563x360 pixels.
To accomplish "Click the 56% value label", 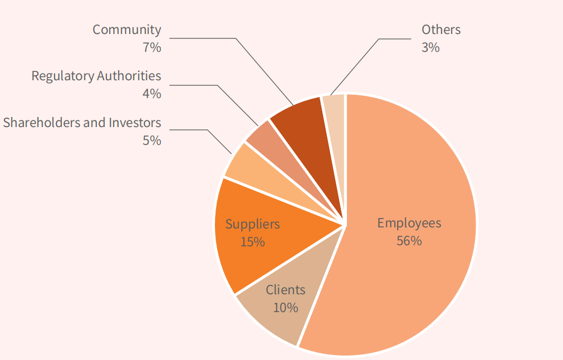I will point(409,241).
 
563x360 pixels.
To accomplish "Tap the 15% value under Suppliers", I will point(252,242).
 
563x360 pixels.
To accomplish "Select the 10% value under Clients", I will point(285,307).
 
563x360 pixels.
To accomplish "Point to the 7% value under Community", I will point(151,47).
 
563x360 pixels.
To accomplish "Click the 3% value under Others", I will point(430,47).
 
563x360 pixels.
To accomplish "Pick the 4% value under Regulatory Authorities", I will point(151,94).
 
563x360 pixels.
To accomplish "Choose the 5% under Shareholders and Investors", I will point(151,140).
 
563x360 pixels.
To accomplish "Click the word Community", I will point(126,30).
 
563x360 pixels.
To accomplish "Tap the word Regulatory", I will point(62,76).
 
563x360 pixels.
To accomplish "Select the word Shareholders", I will point(41,123).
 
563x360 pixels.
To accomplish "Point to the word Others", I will point(441,30).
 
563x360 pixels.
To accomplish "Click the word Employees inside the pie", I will point(409,223).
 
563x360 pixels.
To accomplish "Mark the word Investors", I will point(134,123).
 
